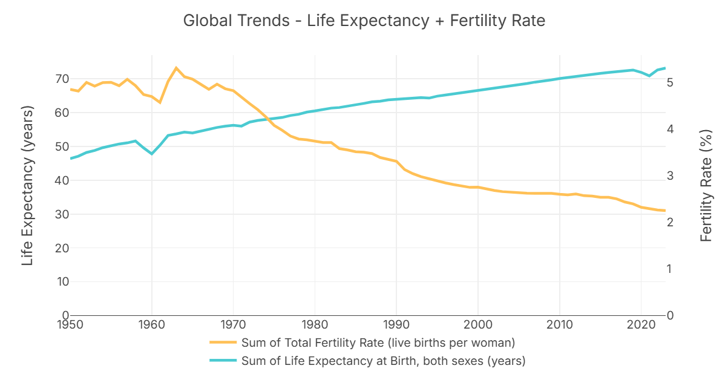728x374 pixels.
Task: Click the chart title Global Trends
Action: click(x=364, y=21)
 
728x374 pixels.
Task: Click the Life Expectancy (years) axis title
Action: click(x=27, y=186)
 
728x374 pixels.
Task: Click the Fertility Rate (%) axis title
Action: click(x=706, y=186)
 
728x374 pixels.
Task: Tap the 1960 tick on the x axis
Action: click(x=152, y=325)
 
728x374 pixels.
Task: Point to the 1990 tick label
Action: click(x=396, y=325)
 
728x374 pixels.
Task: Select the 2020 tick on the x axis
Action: click(x=641, y=325)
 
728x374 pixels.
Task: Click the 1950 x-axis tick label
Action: click(x=71, y=325)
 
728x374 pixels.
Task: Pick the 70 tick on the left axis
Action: click(x=62, y=79)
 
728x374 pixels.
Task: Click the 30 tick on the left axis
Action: click(x=62, y=214)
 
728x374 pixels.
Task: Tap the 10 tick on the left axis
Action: click(x=62, y=282)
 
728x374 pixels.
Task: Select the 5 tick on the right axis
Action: click(x=670, y=82)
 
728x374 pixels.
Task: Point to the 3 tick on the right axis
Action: click(x=670, y=176)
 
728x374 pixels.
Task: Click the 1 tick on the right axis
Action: click(x=670, y=269)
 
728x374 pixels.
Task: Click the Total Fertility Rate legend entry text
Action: click(x=378, y=343)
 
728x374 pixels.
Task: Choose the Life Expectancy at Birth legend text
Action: click(x=383, y=361)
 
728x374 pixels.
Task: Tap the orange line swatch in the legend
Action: click(x=223, y=343)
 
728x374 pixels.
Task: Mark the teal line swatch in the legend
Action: click(x=223, y=361)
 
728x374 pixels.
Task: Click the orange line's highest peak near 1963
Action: click(x=176, y=68)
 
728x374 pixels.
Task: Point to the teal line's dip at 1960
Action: click(x=152, y=154)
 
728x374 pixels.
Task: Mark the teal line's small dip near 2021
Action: click(x=649, y=76)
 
